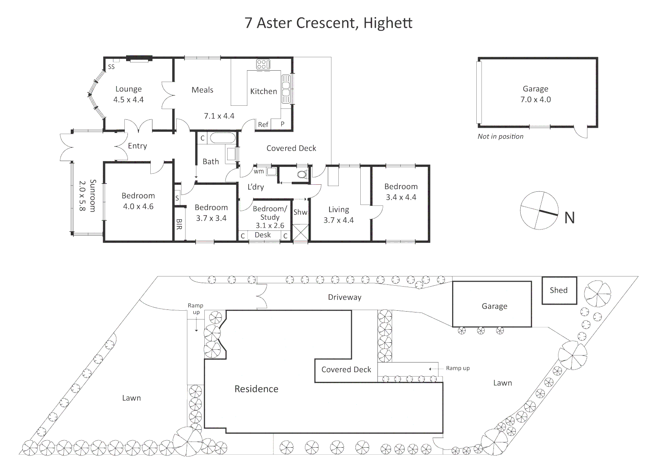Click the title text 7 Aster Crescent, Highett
328,23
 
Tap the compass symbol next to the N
539,210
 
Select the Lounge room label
128,89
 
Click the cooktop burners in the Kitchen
263,65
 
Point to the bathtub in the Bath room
223,138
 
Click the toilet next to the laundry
302,174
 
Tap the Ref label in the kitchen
263,125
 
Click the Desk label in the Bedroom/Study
263,235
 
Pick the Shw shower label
300,212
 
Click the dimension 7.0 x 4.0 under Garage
535,100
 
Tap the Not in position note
500,136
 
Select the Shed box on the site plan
558,290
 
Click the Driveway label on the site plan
344,297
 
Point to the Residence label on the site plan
256,389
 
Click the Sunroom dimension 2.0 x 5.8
82,196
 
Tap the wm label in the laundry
259,171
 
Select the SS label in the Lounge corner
111,67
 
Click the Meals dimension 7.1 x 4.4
219,116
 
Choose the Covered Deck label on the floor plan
291,148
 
